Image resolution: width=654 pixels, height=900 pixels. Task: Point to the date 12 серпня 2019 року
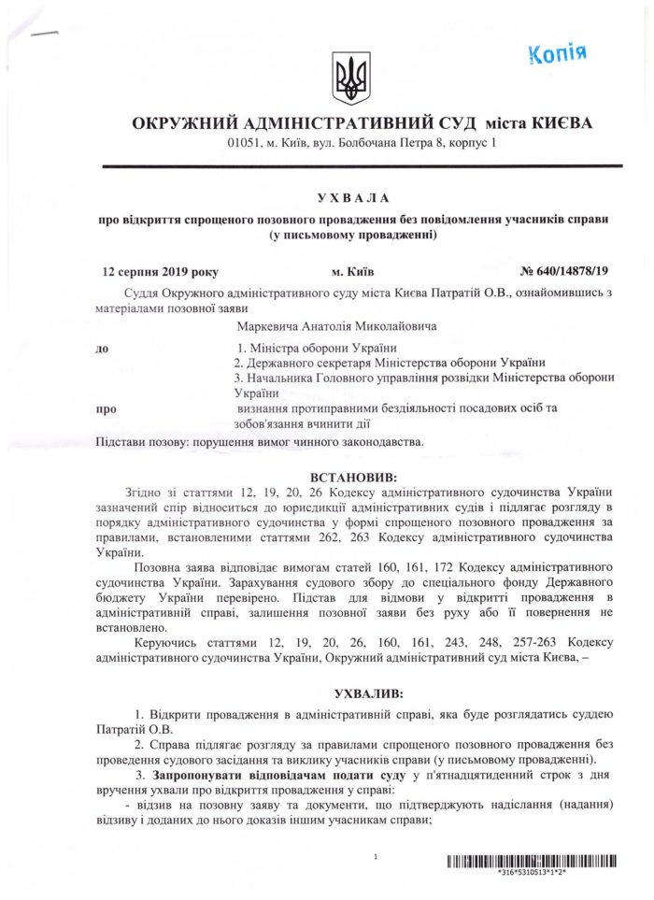[160, 272]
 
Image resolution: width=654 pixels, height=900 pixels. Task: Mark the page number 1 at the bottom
[374, 856]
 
